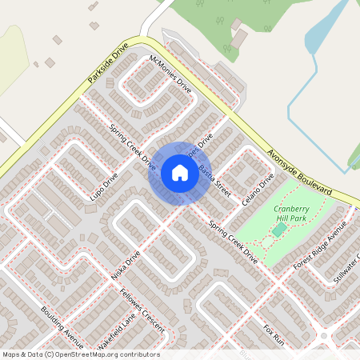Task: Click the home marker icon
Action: (179, 172)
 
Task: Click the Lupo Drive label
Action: (104, 186)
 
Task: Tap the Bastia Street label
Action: (214, 181)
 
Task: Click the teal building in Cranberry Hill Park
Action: (278, 230)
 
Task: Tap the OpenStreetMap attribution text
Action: (80, 354)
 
